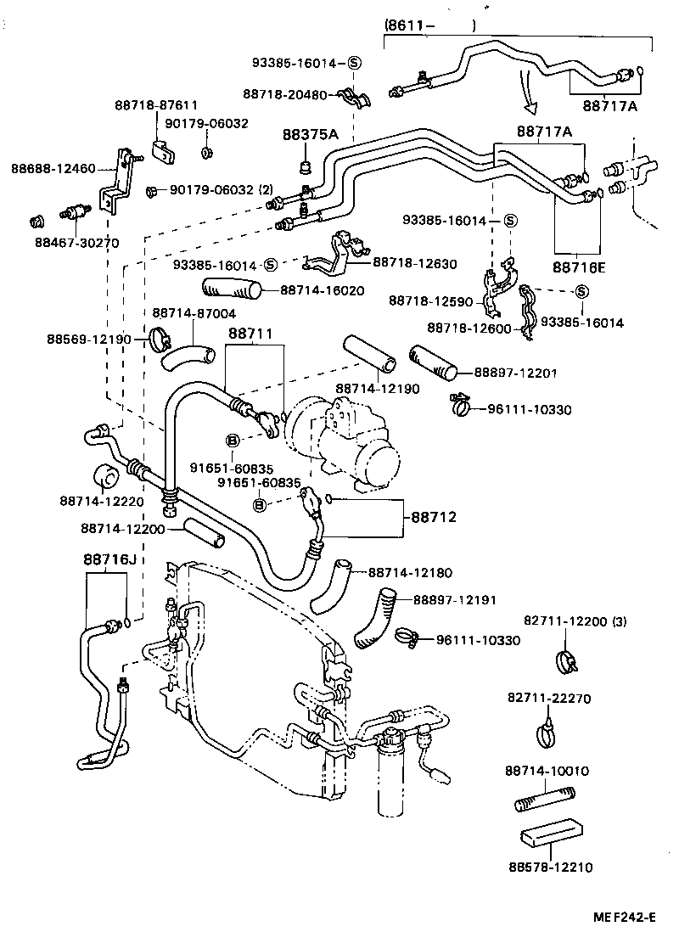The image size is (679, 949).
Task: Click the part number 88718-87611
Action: coord(156,106)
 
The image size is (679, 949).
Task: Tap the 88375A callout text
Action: coord(310,135)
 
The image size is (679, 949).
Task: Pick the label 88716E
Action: coord(579,267)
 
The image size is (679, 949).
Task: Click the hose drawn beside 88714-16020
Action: coord(230,290)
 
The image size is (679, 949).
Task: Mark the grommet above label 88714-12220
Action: coord(104,478)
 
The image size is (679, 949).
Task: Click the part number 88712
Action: coord(435,516)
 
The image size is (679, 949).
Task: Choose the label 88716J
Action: coord(109,559)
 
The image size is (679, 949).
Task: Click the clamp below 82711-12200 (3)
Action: coord(564,659)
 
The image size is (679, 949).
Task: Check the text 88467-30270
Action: coord(76,243)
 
